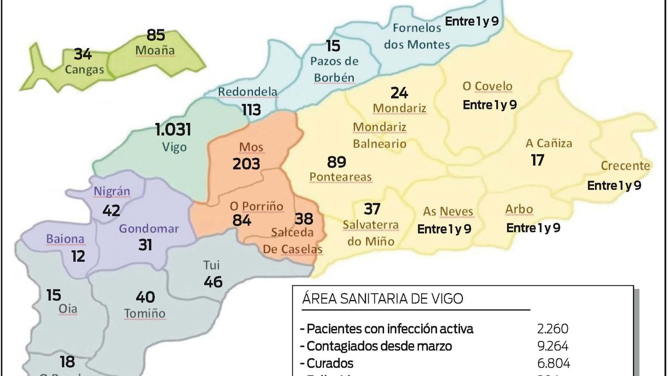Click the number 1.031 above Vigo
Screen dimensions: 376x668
pos(173,130)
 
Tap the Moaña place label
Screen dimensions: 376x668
pos(155,51)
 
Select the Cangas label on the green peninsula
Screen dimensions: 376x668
pos(84,69)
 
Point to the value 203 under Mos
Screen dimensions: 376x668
pos(246,164)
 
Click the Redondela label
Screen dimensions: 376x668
pos(248,92)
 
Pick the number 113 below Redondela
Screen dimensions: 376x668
pos(251,110)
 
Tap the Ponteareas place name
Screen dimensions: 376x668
pos(340,177)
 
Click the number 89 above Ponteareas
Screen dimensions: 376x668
pos(337,162)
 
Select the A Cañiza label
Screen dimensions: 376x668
pos(549,143)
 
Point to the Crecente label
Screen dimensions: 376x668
pos(625,166)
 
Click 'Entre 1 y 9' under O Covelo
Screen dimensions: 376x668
pos(490,104)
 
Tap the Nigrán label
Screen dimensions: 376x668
pos(112,191)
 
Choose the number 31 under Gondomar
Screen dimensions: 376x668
pos(145,245)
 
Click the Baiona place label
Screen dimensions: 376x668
pos(65,239)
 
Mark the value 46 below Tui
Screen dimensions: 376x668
pos(213,282)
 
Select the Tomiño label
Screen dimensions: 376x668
pos(144,313)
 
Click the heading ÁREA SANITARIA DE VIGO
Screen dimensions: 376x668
pos(382,299)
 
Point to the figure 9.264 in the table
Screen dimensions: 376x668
pos(553,346)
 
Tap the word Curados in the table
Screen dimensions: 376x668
pos(330,363)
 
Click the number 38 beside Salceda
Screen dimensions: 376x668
pos(304,218)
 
